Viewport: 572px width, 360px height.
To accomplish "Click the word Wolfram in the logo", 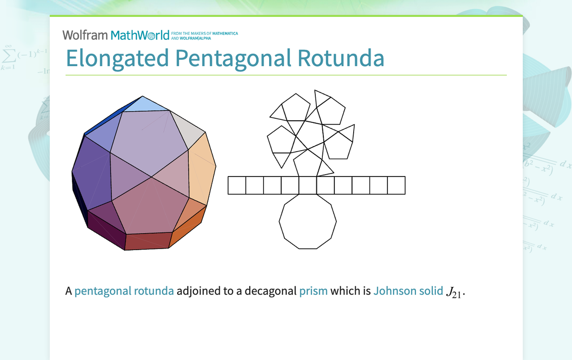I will click(x=85, y=35).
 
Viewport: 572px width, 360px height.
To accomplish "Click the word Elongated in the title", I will click(x=117, y=58).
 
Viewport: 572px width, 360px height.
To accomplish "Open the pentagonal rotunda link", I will click(x=124, y=291).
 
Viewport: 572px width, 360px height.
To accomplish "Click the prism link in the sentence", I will click(x=313, y=291).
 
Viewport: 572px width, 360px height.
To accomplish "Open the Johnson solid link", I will click(x=408, y=291).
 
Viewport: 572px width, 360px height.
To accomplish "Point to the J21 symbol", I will click(x=455, y=292).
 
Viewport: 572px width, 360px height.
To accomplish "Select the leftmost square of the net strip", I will click(x=237, y=185).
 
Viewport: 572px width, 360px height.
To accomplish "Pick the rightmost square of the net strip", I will click(x=396, y=185).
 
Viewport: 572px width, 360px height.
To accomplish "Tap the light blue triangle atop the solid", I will click(x=144, y=104).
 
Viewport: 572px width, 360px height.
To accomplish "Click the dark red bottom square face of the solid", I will click(x=148, y=241).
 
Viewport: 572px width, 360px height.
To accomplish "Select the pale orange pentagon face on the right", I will click(x=203, y=167).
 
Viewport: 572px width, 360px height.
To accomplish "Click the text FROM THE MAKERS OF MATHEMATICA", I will click(x=204, y=33).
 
